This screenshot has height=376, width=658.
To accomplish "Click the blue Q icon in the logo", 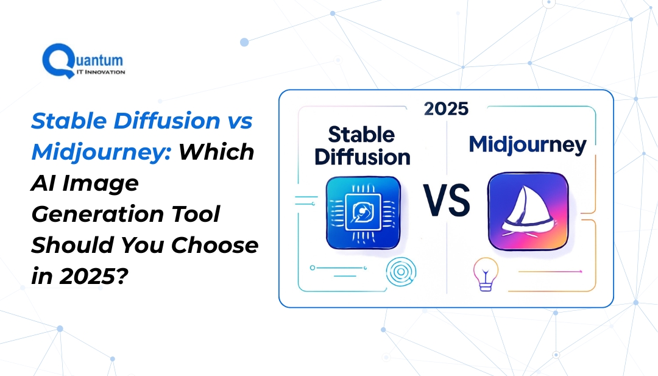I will pyautogui.click(x=55, y=61).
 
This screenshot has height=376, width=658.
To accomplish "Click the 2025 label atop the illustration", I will pyautogui.click(x=447, y=108).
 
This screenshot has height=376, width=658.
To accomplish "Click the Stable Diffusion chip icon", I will pyautogui.click(x=363, y=212).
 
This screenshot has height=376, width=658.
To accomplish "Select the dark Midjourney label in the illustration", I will pyautogui.click(x=528, y=144).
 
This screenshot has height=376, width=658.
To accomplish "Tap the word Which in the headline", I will pyautogui.click(x=216, y=152).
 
